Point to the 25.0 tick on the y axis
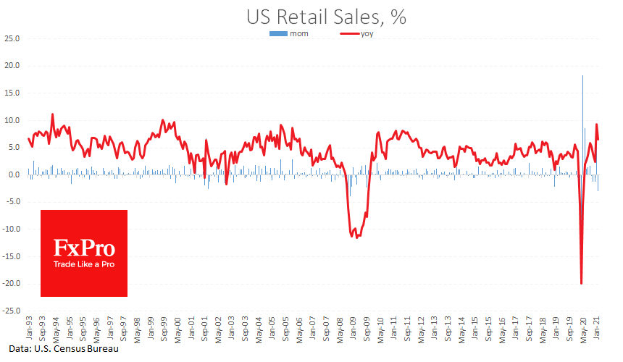click(12, 38)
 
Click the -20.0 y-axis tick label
click(10, 283)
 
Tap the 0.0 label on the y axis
click(13, 174)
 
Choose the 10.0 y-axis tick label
click(12, 120)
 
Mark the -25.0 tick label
click(10, 311)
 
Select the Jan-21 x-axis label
click(598, 329)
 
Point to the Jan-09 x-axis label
click(354, 329)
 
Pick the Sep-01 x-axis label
click(205, 329)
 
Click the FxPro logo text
click(83, 248)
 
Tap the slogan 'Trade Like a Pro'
click(83, 264)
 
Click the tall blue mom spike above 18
click(582, 80)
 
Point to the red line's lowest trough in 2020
click(581, 283)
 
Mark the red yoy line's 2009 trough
click(357, 237)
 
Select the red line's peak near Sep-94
click(52, 114)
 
